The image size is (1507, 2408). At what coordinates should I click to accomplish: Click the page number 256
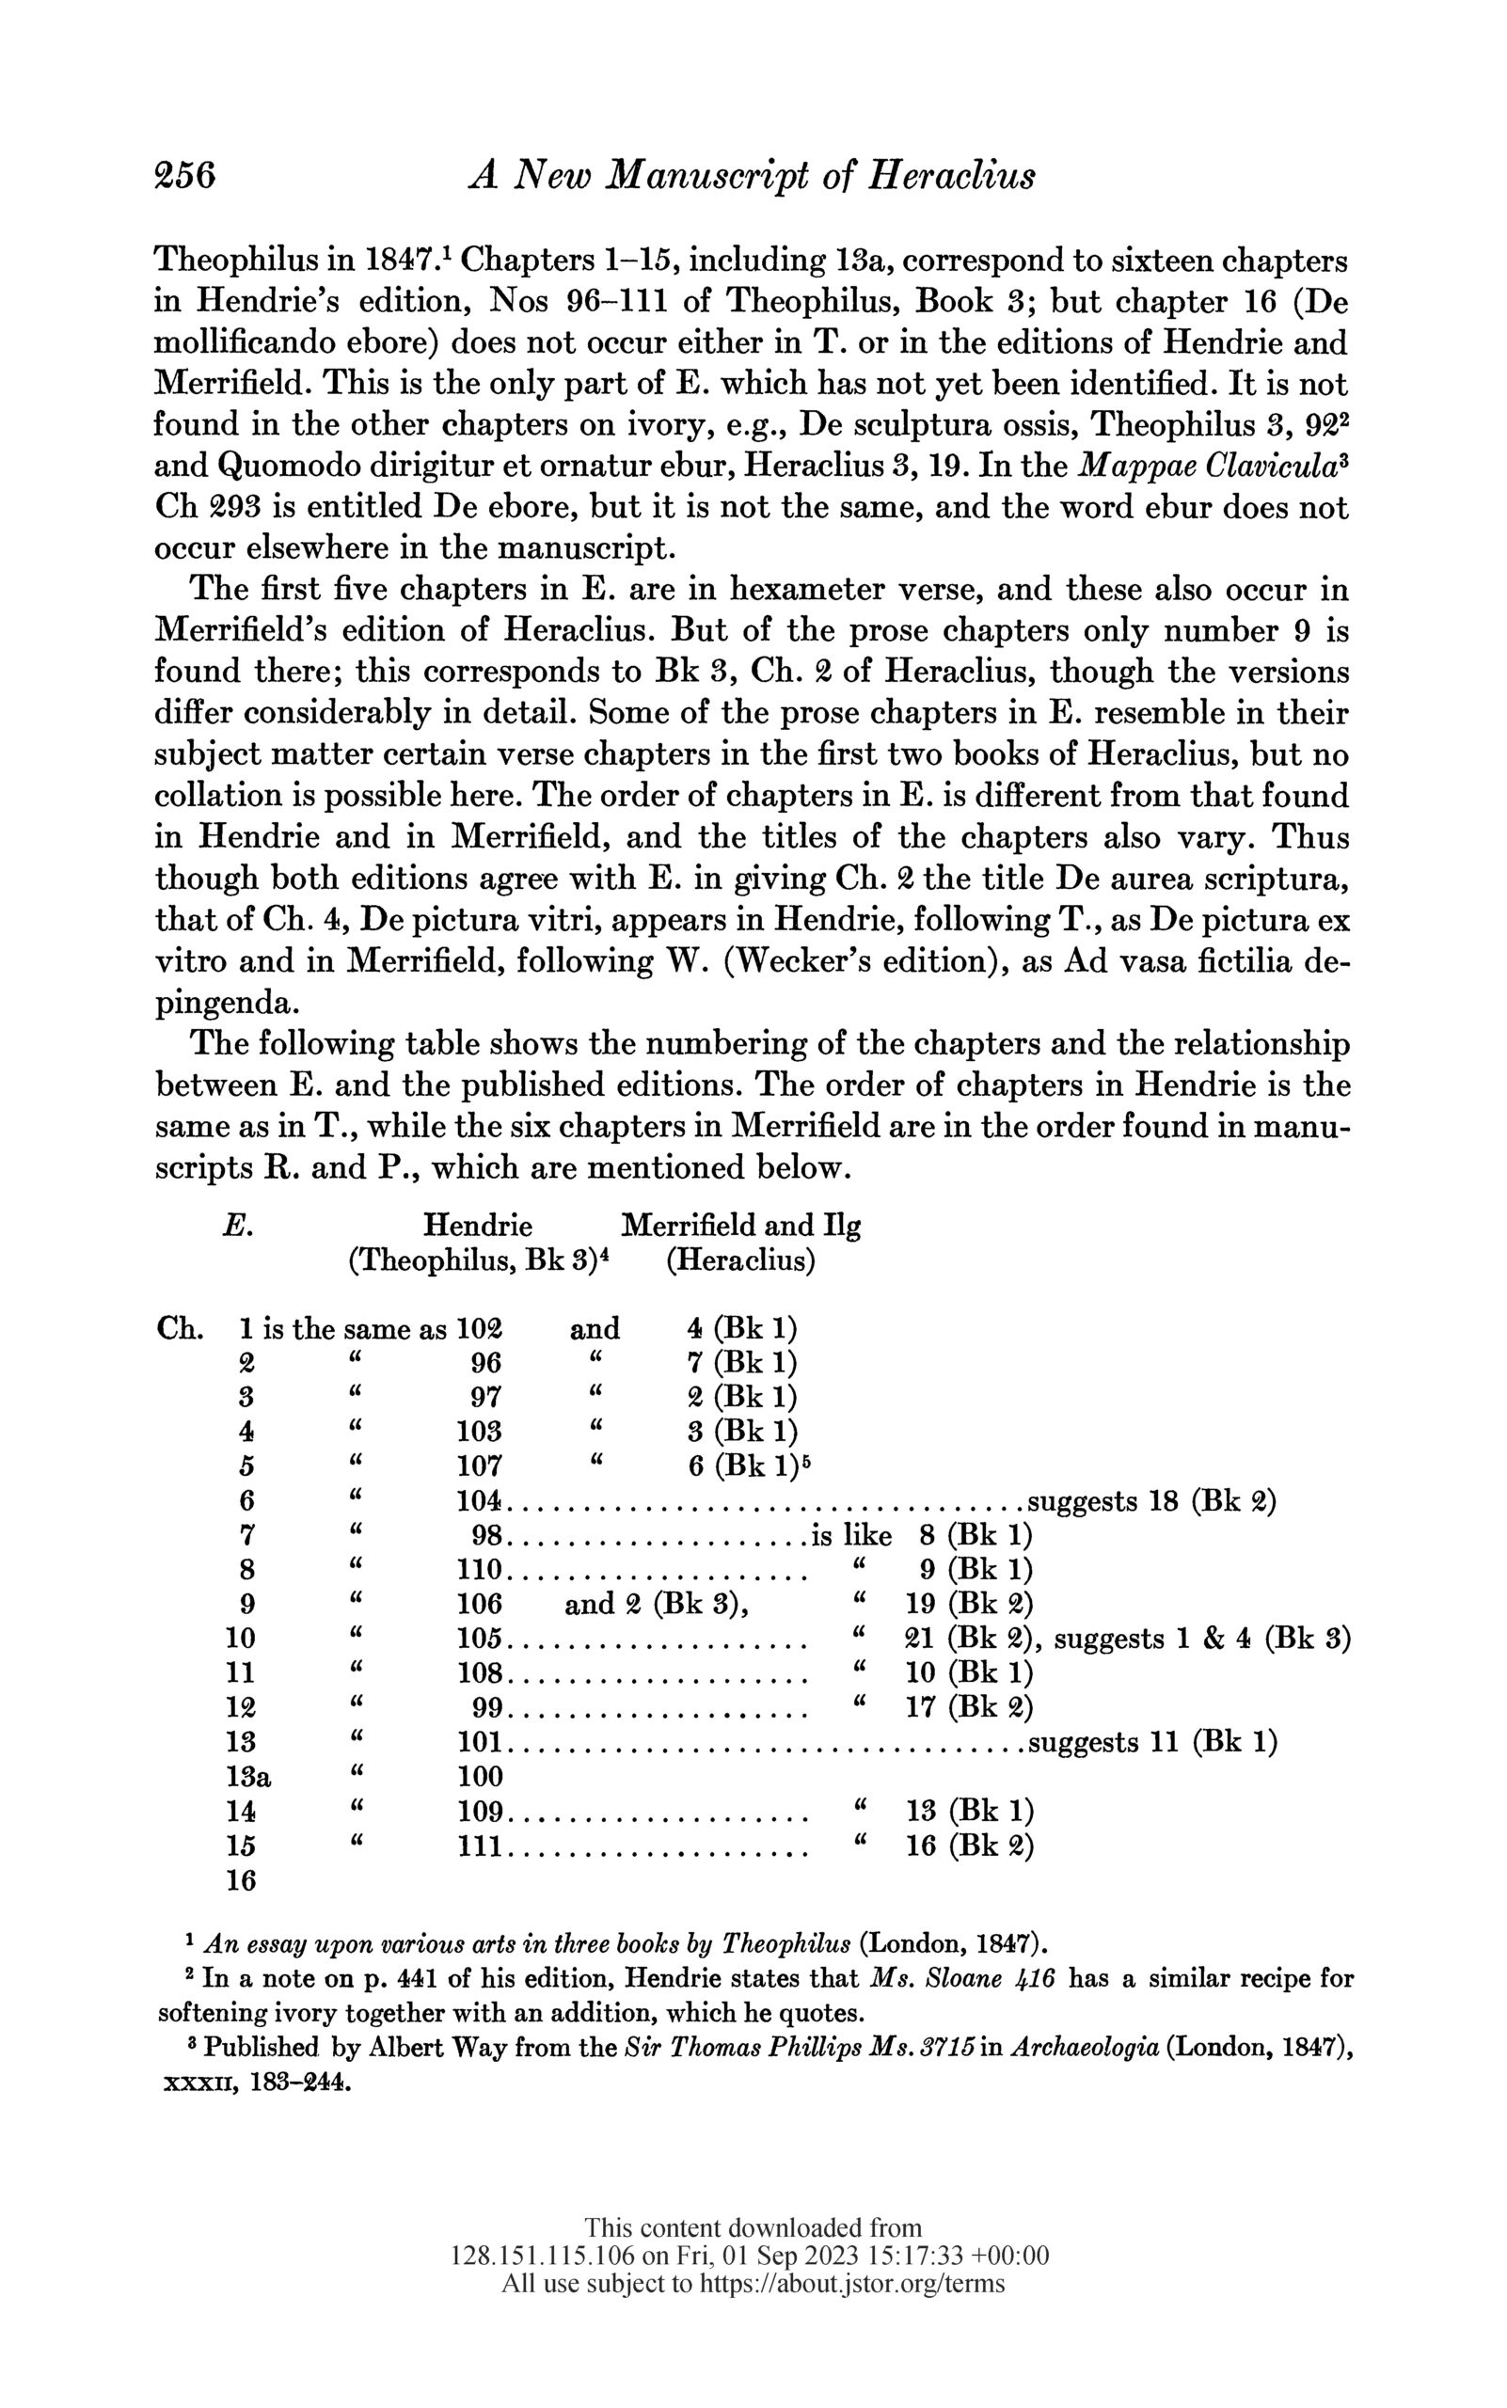click(185, 175)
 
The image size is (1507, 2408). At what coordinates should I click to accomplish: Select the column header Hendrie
click(478, 1225)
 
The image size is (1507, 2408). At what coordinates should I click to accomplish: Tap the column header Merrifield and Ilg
click(740, 1225)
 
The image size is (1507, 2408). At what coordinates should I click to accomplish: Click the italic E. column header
click(237, 1225)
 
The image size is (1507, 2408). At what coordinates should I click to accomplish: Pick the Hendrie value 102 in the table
click(479, 1328)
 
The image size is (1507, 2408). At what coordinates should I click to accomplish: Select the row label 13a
click(250, 1775)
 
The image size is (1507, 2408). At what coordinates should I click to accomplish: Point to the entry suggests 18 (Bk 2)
click(1152, 1500)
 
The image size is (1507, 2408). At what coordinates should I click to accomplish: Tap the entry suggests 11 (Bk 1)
click(1152, 1741)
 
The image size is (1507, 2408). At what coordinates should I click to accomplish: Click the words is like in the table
click(852, 1535)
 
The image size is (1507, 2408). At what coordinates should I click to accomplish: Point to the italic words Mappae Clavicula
click(1208, 466)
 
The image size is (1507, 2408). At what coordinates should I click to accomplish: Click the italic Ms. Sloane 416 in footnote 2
click(964, 1977)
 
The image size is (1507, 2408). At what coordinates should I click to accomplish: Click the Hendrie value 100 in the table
click(480, 1775)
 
